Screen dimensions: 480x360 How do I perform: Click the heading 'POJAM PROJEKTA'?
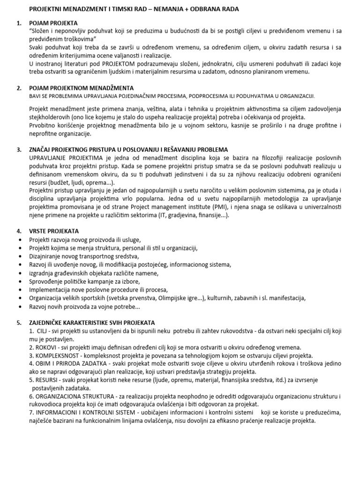[x=53, y=23]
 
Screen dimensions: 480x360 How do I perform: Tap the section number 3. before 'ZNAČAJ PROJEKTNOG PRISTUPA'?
[x=19, y=150]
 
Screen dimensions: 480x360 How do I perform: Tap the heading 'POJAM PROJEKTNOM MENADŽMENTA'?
[x=81, y=88]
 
